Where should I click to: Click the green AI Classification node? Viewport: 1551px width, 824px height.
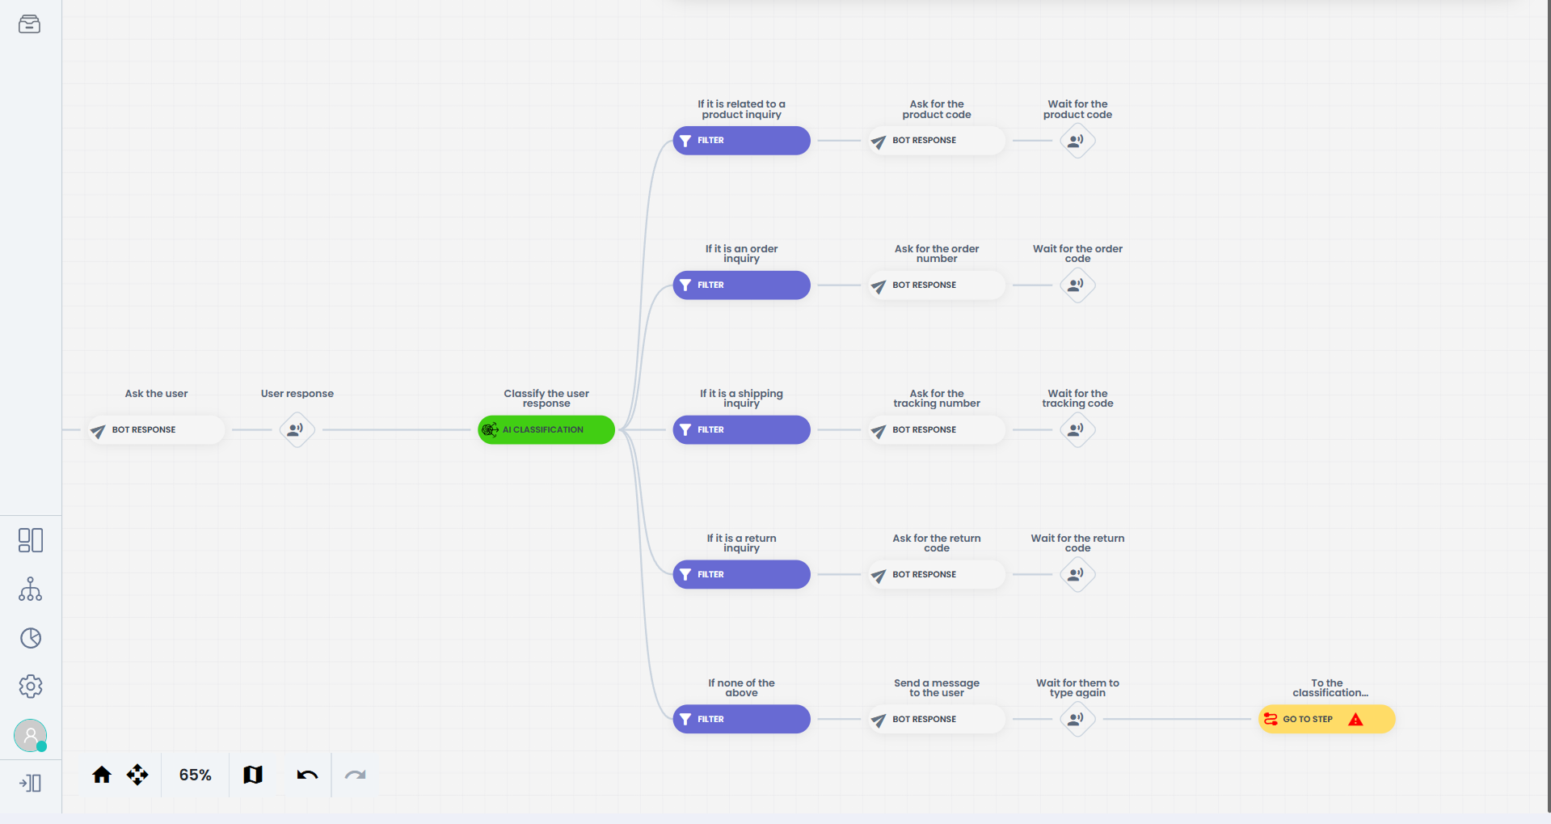[x=546, y=429]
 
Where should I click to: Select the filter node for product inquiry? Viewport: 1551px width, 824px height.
[x=741, y=141]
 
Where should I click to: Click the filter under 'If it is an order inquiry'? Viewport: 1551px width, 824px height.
[x=741, y=285]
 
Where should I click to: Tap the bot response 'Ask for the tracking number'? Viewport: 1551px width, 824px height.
[x=937, y=430]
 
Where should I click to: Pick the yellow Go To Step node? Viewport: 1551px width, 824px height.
[x=1326, y=719]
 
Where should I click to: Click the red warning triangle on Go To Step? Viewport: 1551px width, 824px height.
[x=1355, y=720]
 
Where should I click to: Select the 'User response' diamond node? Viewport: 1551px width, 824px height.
[x=297, y=429]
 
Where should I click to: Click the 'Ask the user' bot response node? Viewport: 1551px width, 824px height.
[x=156, y=430]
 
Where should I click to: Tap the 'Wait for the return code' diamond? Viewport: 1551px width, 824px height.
[x=1077, y=574]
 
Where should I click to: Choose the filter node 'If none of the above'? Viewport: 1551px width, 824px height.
[x=741, y=719]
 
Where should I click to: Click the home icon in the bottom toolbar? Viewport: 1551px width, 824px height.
[x=102, y=775]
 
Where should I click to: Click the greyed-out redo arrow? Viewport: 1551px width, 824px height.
[x=355, y=775]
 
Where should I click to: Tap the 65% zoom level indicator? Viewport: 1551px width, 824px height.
[x=195, y=775]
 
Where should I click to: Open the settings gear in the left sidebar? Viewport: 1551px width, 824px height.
[x=31, y=687]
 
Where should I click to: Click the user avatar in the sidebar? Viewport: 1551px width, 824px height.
[x=31, y=736]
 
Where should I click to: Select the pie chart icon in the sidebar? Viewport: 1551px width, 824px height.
[x=31, y=638]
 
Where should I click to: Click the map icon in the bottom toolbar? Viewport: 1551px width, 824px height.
[x=253, y=775]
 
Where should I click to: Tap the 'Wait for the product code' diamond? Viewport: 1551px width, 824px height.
[x=1077, y=141]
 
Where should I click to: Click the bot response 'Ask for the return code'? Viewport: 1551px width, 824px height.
[x=937, y=575]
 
